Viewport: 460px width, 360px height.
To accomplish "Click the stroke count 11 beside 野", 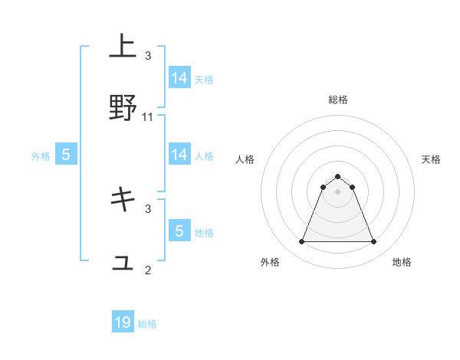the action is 148,117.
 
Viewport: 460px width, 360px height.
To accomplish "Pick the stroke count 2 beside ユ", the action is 148,270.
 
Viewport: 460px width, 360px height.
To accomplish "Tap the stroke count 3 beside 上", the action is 148,56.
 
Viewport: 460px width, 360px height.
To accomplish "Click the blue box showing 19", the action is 123,322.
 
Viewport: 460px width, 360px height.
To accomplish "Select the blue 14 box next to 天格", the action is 179,77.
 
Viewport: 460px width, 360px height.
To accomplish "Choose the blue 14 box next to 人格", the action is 179,155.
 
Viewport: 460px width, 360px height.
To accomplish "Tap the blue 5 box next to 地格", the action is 179,231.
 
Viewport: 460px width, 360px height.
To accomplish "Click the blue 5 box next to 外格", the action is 66,155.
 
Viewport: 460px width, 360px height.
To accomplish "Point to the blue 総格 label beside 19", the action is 147,324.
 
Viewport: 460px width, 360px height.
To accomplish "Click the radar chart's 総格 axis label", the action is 337,100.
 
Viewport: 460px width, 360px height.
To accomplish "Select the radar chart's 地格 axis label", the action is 402,262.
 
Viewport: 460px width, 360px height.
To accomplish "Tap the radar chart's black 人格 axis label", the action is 245,159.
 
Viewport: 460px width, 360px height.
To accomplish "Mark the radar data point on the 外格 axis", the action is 301,242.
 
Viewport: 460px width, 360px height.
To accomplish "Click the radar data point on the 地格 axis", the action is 373,242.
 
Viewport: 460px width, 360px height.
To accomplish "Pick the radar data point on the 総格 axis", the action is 337,176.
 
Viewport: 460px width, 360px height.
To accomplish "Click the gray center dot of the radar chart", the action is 337,191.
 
